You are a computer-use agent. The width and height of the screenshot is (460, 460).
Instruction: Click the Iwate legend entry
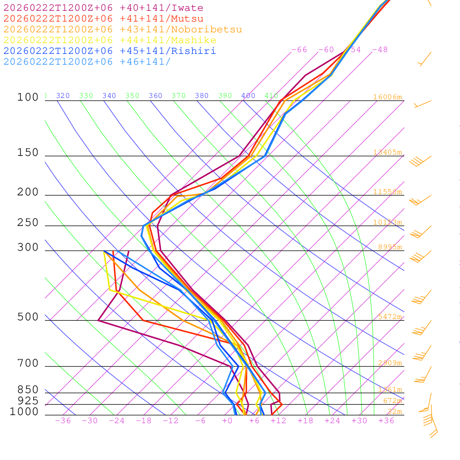[x=103, y=8]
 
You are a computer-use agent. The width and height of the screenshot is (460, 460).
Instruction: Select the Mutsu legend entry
[x=103, y=19]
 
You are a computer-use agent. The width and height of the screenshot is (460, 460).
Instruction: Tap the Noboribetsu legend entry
[x=123, y=30]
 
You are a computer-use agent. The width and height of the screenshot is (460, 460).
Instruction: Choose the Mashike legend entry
[x=110, y=40]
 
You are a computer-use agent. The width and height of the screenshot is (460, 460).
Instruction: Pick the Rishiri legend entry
[x=110, y=51]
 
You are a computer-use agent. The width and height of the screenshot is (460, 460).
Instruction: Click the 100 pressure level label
[x=28, y=97]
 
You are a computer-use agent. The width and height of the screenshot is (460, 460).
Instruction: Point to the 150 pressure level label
[x=28, y=153]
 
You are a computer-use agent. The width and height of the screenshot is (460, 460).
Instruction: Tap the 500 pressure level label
[x=28, y=317]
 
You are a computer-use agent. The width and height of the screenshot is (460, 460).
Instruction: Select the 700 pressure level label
[x=28, y=363]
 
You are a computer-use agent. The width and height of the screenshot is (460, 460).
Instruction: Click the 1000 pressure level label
[x=24, y=411]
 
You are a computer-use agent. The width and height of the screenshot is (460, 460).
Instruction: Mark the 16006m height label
[x=387, y=97]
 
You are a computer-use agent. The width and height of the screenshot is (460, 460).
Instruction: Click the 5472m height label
[x=389, y=317]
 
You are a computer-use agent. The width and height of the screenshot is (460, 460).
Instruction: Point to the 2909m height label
[x=389, y=363]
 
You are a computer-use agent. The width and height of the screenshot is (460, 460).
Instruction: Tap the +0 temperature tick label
[x=227, y=421]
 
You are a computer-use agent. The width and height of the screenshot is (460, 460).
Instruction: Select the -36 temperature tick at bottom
[x=63, y=421]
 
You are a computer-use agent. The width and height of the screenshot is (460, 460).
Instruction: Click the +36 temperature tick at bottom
[x=386, y=421]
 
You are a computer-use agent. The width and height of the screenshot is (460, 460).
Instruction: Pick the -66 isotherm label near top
[x=299, y=50]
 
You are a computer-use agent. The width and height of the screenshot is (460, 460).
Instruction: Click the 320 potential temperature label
[x=63, y=96]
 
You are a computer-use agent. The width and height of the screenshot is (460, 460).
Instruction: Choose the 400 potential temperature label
[x=248, y=96]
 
